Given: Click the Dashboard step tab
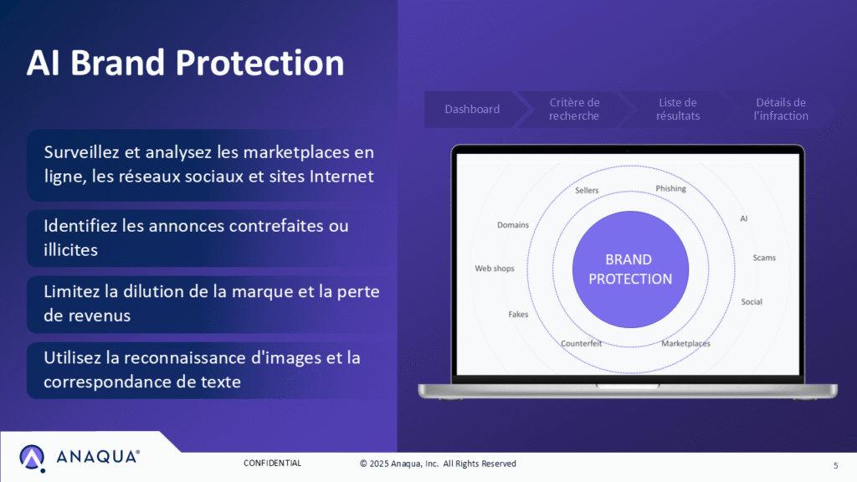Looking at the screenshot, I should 472,110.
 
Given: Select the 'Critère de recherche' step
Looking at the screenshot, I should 574,110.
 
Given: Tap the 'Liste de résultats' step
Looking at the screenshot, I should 677,110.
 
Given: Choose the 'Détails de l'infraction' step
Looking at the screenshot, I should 780,110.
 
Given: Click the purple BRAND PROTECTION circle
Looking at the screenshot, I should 630,269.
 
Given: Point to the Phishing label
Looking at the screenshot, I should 670,189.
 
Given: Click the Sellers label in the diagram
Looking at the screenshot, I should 587,191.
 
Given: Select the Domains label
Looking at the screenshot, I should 513,225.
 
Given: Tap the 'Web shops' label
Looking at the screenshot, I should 495,269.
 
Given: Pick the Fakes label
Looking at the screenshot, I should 518,315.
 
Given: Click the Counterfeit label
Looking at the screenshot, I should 581,344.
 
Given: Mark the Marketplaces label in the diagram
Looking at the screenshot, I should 685,344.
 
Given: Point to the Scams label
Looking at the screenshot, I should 763,258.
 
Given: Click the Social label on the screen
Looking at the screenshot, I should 752,301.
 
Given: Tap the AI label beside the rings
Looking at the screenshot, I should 743,218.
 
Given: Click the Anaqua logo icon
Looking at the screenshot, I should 33,458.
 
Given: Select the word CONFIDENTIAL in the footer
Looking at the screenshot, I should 272,464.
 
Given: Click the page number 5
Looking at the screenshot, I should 835,465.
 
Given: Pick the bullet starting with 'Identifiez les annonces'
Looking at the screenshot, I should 196,238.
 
